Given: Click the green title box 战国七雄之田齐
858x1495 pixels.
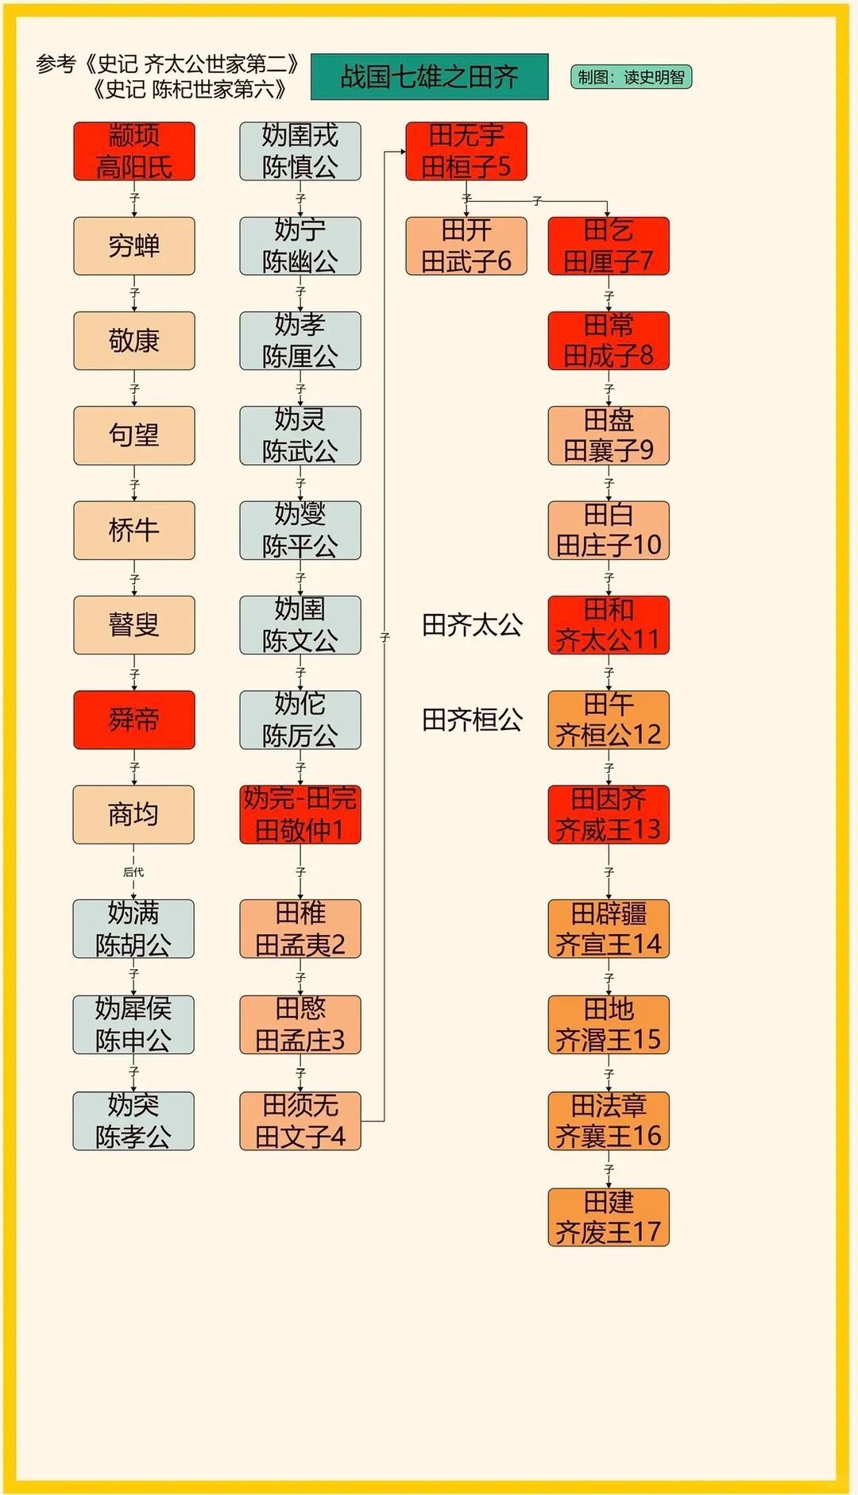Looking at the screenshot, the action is pyautogui.click(x=429, y=77).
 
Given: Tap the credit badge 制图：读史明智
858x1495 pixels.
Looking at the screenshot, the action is pyautogui.click(x=631, y=77).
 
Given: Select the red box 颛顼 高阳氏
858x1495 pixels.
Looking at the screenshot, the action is pyautogui.click(x=134, y=151).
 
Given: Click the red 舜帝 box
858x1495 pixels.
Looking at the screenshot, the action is pyautogui.click(x=134, y=720).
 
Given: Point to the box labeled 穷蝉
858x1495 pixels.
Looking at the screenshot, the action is pyautogui.click(x=134, y=246).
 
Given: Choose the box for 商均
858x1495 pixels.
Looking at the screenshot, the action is pyautogui.click(x=133, y=814).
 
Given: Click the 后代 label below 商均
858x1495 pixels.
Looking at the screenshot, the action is pyautogui.click(x=133, y=872).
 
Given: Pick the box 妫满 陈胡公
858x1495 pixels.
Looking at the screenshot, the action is pyautogui.click(x=133, y=929).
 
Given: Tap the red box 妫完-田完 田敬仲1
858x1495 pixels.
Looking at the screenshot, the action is pyautogui.click(x=300, y=814).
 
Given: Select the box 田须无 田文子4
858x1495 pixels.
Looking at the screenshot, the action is pyautogui.click(x=300, y=1121).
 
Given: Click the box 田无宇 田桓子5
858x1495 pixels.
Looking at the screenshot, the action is pyautogui.click(x=466, y=151).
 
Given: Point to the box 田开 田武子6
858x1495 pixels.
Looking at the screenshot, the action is pyautogui.click(x=466, y=246).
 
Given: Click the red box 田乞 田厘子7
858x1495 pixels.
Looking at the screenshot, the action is pyautogui.click(x=609, y=246).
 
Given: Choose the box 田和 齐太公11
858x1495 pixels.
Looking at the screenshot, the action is pyautogui.click(x=609, y=625).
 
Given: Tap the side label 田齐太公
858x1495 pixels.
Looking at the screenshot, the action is pyautogui.click(x=472, y=625).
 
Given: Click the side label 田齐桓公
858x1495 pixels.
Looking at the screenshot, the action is pyautogui.click(x=472, y=720).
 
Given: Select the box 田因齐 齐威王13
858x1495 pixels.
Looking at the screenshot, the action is pyautogui.click(x=609, y=814).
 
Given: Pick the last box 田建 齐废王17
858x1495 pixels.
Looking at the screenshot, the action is pyautogui.click(x=609, y=1217).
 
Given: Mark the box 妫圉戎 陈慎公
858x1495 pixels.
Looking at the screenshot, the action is pyautogui.click(x=300, y=151).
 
